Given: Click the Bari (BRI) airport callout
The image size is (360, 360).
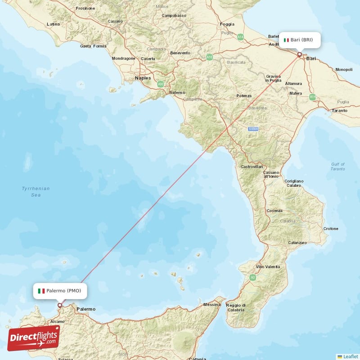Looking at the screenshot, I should pyautogui.click(x=301, y=40).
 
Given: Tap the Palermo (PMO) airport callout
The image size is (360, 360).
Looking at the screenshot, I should pyautogui.click(x=60, y=291).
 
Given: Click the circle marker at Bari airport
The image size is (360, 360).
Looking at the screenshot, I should pyautogui.click(x=299, y=54).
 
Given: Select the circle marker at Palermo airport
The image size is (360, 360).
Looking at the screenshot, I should pyautogui.click(x=59, y=305).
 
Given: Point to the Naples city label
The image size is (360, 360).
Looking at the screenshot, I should pyautogui.click(x=143, y=78).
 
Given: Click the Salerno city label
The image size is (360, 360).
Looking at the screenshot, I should pyautogui.click(x=177, y=92).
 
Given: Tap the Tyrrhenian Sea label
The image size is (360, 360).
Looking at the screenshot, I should pyautogui.click(x=36, y=192).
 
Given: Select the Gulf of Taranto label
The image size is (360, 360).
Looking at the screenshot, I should pyautogui.click(x=337, y=166).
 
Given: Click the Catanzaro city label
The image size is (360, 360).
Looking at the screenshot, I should pyautogui.click(x=297, y=243).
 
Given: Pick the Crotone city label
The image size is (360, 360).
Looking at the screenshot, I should pyautogui.click(x=331, y=229).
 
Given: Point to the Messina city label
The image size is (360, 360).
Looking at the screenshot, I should pyautogui.click(x=212, y=305).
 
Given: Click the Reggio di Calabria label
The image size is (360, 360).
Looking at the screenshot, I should pyautogui.click(x=236, y=307).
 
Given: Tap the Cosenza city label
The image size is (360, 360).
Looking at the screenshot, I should pyautogui.click(x=274, y=211).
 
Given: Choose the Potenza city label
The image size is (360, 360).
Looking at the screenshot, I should pyautogui.click(x=244, y=96).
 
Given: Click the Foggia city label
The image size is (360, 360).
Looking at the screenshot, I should pyautogui.click(x=227, y=24).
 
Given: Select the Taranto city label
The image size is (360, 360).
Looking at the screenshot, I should pyautogui.click(x=339, y=110).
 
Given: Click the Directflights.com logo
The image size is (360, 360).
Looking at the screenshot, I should pyautogui.click(x=33, y=338).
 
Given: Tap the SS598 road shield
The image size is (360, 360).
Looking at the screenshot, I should pyautogui.click(x=253, y=129).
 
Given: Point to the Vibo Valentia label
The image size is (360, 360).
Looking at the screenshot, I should pyautogui.click(x=268, y=267).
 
